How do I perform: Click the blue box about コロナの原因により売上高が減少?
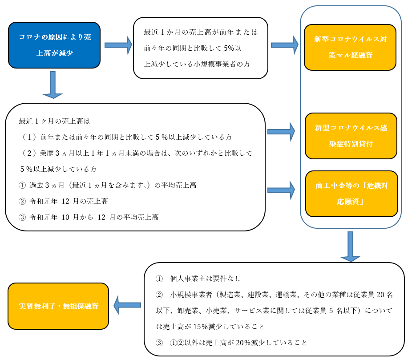coord(54,45)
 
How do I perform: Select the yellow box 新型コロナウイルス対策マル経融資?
coord(350,47)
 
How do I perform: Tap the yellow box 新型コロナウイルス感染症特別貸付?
coord(351,136)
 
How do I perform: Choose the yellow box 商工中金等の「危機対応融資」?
coord(351,194)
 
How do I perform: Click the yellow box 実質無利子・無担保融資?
coord(58,306)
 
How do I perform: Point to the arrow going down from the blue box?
coord(53,85)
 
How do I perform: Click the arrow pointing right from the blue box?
coord(118,45)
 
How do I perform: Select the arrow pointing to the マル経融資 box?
coord(285,45)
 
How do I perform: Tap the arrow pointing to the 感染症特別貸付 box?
coord(281,132)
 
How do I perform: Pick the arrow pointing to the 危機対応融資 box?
coord(281,190)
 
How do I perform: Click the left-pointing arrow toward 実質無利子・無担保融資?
coord(127,305)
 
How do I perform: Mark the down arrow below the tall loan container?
coord(350,247)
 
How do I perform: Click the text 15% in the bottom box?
coord(201,327)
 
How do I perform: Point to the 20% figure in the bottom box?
coord(243,343)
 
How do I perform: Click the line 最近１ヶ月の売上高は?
coord(54,121)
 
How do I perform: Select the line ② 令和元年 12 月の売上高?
coord(63,201)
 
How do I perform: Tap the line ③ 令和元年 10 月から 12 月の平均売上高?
coord(89,217)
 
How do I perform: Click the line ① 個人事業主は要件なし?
coord(198,279)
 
